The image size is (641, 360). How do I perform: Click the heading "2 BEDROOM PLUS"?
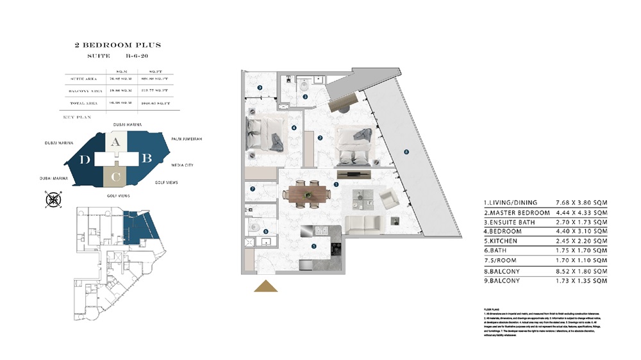(117, 45)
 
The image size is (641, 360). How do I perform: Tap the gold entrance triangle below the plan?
(265, 286)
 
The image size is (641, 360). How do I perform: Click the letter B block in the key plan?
(146, 158)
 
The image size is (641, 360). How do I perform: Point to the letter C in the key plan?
(115, 176)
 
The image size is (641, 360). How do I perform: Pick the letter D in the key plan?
(85, 160)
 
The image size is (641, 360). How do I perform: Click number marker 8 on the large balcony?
(405, 152)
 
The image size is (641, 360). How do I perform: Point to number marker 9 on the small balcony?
(260, 88)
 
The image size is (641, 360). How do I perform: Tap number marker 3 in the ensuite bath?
(305, 97)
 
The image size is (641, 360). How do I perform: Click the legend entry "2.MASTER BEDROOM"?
(517, 212)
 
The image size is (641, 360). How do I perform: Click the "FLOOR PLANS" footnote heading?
(492, 309)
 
